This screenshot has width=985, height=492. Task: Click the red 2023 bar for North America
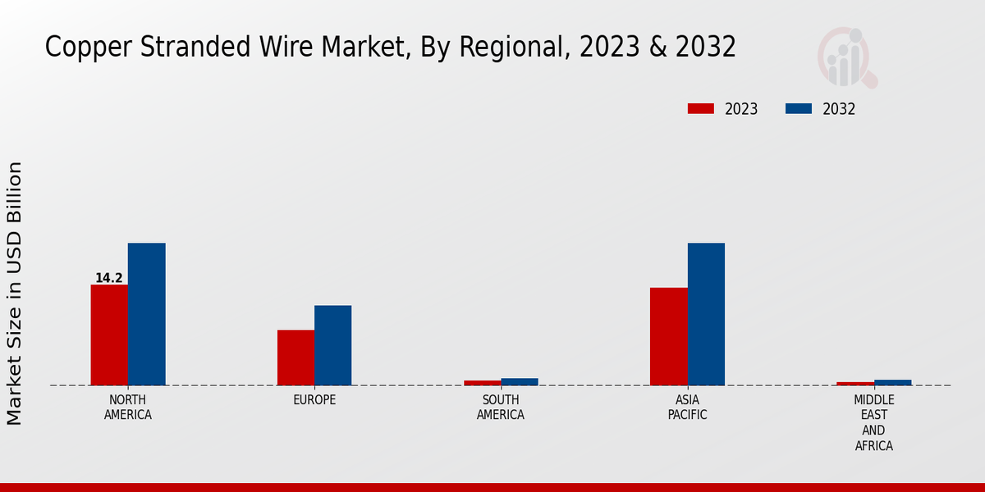pos(109,335)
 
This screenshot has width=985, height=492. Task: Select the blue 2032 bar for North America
pos(147,314)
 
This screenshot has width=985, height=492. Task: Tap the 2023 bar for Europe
pos(295,358)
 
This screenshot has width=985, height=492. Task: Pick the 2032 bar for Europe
pos(333,345)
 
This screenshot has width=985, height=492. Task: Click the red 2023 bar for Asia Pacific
pos(668,336)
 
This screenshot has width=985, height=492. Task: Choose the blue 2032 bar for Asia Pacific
pos(706,314)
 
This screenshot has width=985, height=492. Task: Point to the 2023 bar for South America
pos(482,382)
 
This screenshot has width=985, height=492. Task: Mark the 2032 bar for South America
pos(520,381)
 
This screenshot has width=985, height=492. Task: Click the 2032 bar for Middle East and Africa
pos(893,382)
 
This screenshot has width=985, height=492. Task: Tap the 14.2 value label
pos(108,278)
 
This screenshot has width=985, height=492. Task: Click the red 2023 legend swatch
pos(700,109)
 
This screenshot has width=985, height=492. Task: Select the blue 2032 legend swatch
pos(799,109)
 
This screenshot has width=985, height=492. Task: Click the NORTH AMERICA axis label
pos(128,408)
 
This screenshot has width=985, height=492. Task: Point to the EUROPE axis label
pos(314,400)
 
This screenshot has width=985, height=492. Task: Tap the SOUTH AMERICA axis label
pos(501,408)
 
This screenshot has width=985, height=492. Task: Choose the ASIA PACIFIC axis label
pos(687,408)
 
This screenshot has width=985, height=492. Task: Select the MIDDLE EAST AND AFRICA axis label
pos(873,423)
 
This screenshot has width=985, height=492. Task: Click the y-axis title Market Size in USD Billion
pos(15,294)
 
